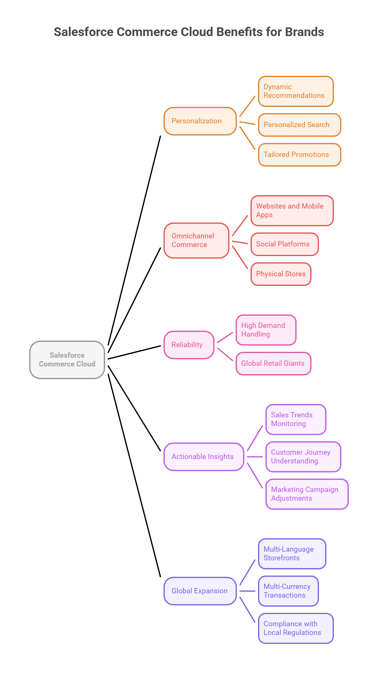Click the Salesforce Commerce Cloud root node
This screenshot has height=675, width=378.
pyautogui.click(x=67, y=360)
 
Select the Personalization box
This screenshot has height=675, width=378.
pyautogui.click(x=200, y=121)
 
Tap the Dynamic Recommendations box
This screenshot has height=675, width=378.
pyautogui.click(x=296, y=91)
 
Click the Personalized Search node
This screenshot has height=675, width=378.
pyautogui.click(x=299, y=125)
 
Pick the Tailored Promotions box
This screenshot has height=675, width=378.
pyautogui.click(x=299, y=155)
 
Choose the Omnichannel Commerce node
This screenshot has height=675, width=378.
pyautogui.click(x=196, y=241)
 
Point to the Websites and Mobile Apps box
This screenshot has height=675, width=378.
pyautogui.click(x=292, y=211)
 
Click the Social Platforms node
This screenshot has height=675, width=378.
pyautogui.click(x=284, y=244)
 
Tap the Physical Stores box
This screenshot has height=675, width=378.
pyautogui.click(x=281, y=274)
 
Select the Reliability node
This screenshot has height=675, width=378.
pyautogui.click(x=189, y=345)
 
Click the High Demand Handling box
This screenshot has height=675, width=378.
pyautogui.click(x=266, y=330)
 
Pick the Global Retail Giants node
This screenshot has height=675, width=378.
pyautogui.click(x=273, y=364)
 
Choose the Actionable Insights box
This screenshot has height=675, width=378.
pyautogui.click(x=204, y=457)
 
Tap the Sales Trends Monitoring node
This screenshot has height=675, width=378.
pyautogui.click(x=296, y=420)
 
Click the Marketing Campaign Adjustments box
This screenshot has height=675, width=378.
pyautogui.click(x=307, y=494)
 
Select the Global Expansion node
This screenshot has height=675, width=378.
pyautogui.click(x=200, y=591)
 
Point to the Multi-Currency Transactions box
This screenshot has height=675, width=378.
pyautogui.click(x=288, y=591)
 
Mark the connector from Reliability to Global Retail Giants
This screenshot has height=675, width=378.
pyautogui.click(x=225, y=354)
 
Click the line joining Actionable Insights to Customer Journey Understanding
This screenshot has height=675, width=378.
pyautogui.click(x=255, y=457)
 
